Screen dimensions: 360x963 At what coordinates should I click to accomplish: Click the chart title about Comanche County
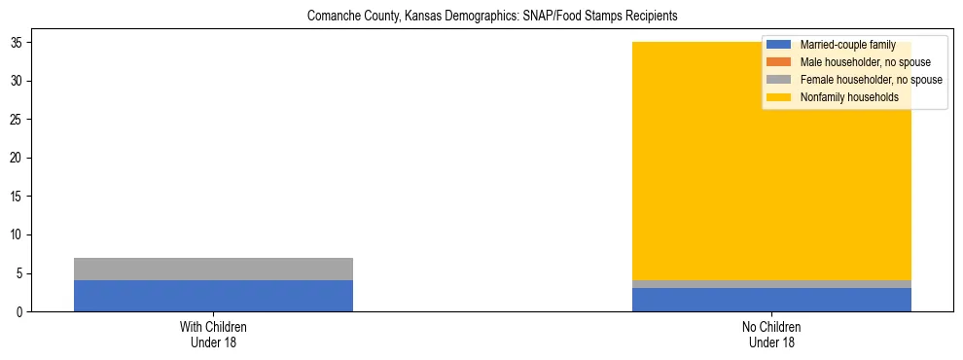point(491,17)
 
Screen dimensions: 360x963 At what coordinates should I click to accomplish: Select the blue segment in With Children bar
point(213,296)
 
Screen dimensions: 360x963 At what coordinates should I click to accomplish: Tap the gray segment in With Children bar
point(213,269)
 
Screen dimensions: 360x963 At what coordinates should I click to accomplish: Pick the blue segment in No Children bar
point(771,300)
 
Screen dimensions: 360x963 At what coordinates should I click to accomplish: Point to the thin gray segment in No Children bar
point(771,284)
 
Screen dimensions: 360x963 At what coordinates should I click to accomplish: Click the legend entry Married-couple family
point(847,45)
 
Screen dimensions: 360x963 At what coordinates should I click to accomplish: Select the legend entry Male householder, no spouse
point(865,62)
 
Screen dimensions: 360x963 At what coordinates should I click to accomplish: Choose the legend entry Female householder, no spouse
point(871,80)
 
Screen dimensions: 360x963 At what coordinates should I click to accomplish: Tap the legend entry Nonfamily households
point(849,97)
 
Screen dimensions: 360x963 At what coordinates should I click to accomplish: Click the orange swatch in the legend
point(778,62)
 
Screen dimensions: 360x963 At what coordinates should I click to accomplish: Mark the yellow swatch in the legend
point(778,97)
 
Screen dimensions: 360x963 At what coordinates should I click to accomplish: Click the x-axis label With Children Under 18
point(213,335)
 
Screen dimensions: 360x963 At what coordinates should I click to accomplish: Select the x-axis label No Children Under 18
point(771,335)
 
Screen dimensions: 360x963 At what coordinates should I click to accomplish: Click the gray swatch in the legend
point(778,80)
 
